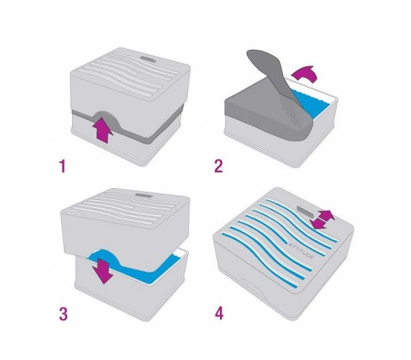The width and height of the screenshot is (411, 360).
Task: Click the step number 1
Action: [x=62, y=167]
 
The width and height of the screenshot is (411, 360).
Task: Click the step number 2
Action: [x=219, y=167]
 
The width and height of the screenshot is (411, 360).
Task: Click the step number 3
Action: [x=63, y=314]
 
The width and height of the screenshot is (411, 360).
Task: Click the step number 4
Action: [x=219, y=313]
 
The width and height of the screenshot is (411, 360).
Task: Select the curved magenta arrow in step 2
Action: [x=305, y=74]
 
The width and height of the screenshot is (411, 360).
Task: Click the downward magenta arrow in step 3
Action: [x=103, y=271]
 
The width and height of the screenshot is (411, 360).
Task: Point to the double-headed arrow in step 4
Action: [x=322, y=219]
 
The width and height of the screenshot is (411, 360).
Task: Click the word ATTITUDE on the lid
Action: [x=301, y=251]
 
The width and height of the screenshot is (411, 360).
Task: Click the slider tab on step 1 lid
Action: [x=149, y=59]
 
